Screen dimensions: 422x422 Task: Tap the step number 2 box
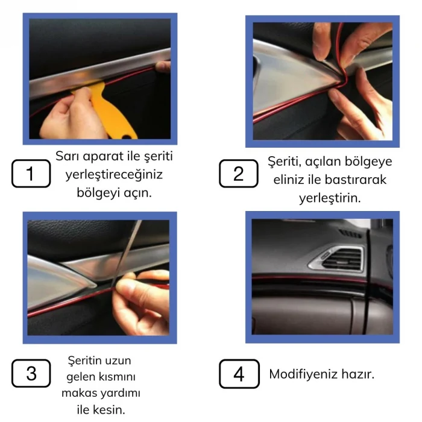tap(239, 174)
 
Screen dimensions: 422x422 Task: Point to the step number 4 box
tap(239, 374)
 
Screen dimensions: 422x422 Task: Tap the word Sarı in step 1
tap(68, 156)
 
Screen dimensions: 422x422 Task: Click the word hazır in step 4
tap(359, 374)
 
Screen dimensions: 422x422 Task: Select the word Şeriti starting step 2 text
tap(285, 162)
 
